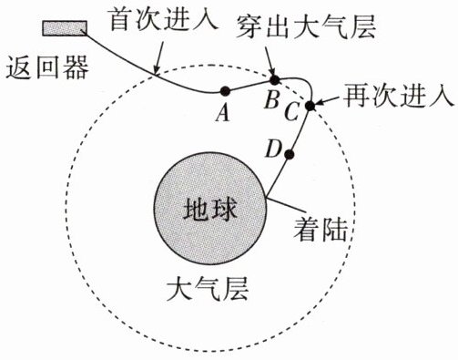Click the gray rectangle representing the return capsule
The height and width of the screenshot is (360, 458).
(x=65, y=28)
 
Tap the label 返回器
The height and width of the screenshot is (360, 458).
(x=47, y=67)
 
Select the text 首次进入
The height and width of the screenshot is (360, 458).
(x=164, y=18)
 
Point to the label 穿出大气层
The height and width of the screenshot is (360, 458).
(x=305, y=26)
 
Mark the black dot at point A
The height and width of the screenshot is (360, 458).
(x=225, y=90)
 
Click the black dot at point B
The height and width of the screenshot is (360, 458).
(x=274, y=80)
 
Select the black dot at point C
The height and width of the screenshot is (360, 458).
(x=310, y=106)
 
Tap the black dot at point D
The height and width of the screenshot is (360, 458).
(x=290, y=155)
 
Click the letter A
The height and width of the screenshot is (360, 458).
(x=222, y=114)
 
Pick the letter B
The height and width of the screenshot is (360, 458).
(x=271, y=99)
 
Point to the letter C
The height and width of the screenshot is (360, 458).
(x=292, y=112)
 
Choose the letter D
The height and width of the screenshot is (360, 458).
(x=273, y=149)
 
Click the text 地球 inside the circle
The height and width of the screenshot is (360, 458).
(x=210, y=209)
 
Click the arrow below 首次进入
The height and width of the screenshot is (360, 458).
(x=159, y=57)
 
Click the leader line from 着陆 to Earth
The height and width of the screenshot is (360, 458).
(x=285, y=205)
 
